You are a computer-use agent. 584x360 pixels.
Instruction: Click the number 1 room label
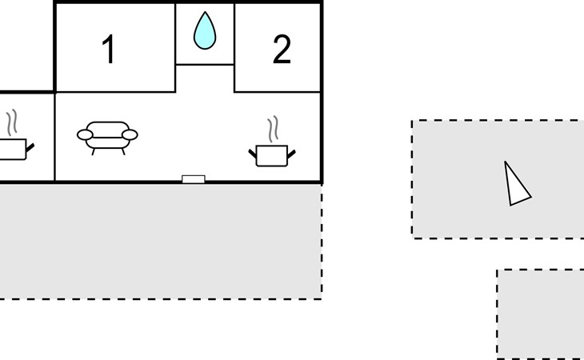[x=109, y=49]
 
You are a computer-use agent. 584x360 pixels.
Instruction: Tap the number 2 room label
[x=282, y=49]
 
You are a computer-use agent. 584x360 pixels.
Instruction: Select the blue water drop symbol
[x=205, y=30]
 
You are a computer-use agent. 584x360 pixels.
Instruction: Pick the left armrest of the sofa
[x=85, y=134]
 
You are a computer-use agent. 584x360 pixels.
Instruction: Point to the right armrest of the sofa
[x=130, y=134]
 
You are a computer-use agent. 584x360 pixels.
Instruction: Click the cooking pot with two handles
[x=272, y=155]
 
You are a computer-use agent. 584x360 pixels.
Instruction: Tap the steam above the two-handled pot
[x=273, y=129]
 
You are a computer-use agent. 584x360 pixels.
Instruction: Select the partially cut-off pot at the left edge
[x=15, y=150]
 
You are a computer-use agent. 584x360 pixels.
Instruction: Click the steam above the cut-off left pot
[x=12, y=122]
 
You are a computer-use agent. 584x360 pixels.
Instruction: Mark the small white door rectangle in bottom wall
[x=194, y=179]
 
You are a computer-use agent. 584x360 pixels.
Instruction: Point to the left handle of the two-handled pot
[x=253, y=154]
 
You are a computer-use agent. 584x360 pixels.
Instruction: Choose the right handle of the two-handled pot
[x=291, y=154]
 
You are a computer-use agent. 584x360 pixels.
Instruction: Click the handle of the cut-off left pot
[x=30, y=147]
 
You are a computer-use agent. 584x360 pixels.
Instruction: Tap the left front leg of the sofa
[x=94, y=151]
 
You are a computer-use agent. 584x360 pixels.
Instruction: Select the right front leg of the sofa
[x=123, y=151]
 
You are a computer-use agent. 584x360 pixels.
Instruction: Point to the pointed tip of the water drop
[x=205, y=12]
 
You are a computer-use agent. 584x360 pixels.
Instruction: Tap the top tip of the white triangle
[x=505, y=162]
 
